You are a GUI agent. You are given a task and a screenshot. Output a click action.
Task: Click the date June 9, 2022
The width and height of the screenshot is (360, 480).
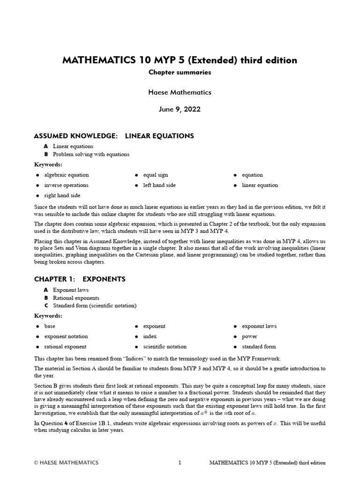pyautogui.click(x=180, y=109)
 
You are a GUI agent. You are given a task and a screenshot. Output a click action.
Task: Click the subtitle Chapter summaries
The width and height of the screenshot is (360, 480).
pyautogui.click(x=180, y=72)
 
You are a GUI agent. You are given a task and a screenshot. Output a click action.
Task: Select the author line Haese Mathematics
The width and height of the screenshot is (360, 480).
pyautogui.click(x=180, y=92)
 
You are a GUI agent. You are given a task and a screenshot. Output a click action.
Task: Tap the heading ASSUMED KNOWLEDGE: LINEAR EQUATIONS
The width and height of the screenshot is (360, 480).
pyautogui.click(x=114, y=136)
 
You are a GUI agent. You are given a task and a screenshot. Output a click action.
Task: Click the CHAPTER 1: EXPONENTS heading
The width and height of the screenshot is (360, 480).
pyautogui.click(x=80, y=279)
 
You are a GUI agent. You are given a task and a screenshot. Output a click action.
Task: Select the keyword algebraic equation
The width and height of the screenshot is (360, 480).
pyautogui.click(x=67, y=175)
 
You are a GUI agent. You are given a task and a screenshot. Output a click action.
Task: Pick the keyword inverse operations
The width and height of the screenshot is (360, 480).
pyautogui.click(x=66, y=185)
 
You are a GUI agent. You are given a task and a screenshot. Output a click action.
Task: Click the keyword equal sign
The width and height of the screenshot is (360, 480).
pyautogui.click(x=155, y=175)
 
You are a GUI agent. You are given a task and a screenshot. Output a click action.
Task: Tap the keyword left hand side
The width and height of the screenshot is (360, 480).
pyautogui.click(x=159, y=185)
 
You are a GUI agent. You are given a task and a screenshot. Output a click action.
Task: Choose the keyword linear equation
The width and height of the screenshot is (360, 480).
pyautogui.click(x=260, y=185)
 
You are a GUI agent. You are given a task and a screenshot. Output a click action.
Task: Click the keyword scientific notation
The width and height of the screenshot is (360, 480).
pyautogui.click(x=165, y=347)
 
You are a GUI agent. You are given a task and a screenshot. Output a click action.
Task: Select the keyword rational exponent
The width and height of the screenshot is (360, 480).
pyautogui.click(x=65, y=347)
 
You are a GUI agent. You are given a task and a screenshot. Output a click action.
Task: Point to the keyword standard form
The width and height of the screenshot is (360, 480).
pyautogui.click(x=259, y=347)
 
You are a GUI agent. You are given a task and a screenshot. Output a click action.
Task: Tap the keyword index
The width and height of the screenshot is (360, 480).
pyautogui.click(x=150, y=337)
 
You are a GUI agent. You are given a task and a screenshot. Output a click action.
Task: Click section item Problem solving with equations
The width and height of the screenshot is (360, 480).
pyautogui.click(x=91, y=154)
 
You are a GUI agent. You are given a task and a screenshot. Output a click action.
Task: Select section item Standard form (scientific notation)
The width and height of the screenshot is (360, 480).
pyautogui.click(x=95, y=306)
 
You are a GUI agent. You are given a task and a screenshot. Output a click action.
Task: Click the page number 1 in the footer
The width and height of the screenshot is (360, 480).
pyautogui.click(x=180, y=463)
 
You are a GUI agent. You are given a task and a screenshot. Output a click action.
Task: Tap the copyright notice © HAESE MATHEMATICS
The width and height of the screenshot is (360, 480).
pyautogui.click(x=67, y=463)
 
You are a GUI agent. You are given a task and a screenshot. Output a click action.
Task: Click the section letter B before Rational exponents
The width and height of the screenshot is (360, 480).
pyautogui.click(x=46, y=298)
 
